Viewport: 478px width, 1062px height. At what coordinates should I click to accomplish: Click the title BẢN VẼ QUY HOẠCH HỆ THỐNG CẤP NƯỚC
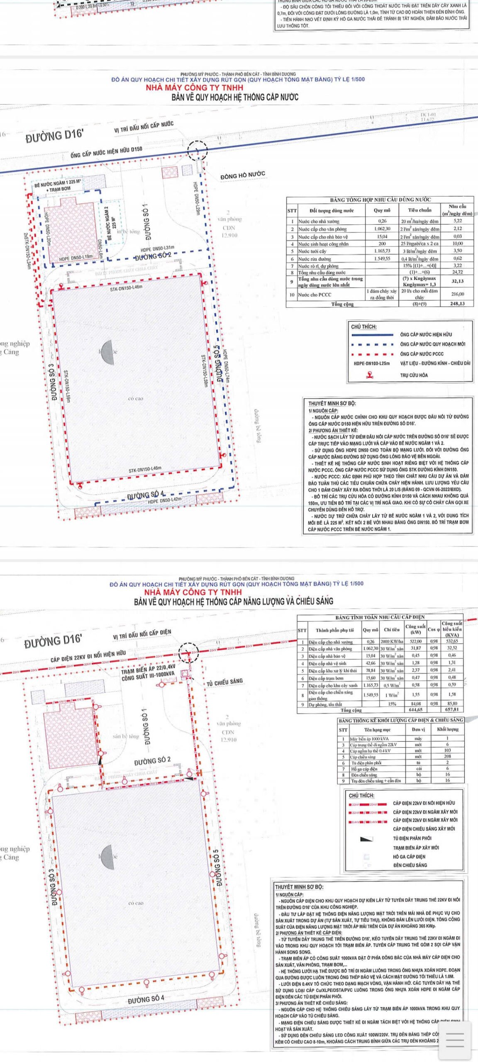[x=235, y=97]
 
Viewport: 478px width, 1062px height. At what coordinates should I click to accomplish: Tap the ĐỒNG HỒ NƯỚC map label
[x=243, y=175]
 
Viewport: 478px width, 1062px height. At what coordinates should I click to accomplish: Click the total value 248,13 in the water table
[x=458, y=304]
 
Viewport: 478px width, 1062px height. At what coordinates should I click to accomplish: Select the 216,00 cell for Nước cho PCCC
[x=458, y=294]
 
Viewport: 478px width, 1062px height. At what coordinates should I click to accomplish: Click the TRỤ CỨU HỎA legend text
[x=414, y=375]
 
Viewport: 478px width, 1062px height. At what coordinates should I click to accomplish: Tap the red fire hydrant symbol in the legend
[x=369, y=375]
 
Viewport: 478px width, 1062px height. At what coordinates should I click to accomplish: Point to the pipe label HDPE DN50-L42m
[x=165, y=499]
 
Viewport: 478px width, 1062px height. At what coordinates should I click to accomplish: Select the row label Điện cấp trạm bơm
[x=327, y=677]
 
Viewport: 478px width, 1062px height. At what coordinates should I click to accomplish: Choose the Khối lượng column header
[x=448, y=729]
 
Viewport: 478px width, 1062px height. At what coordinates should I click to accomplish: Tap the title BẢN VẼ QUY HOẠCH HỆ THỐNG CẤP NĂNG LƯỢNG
[x=234, y=601]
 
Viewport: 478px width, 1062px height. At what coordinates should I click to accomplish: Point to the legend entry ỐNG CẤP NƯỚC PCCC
[x=422, y=354]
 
